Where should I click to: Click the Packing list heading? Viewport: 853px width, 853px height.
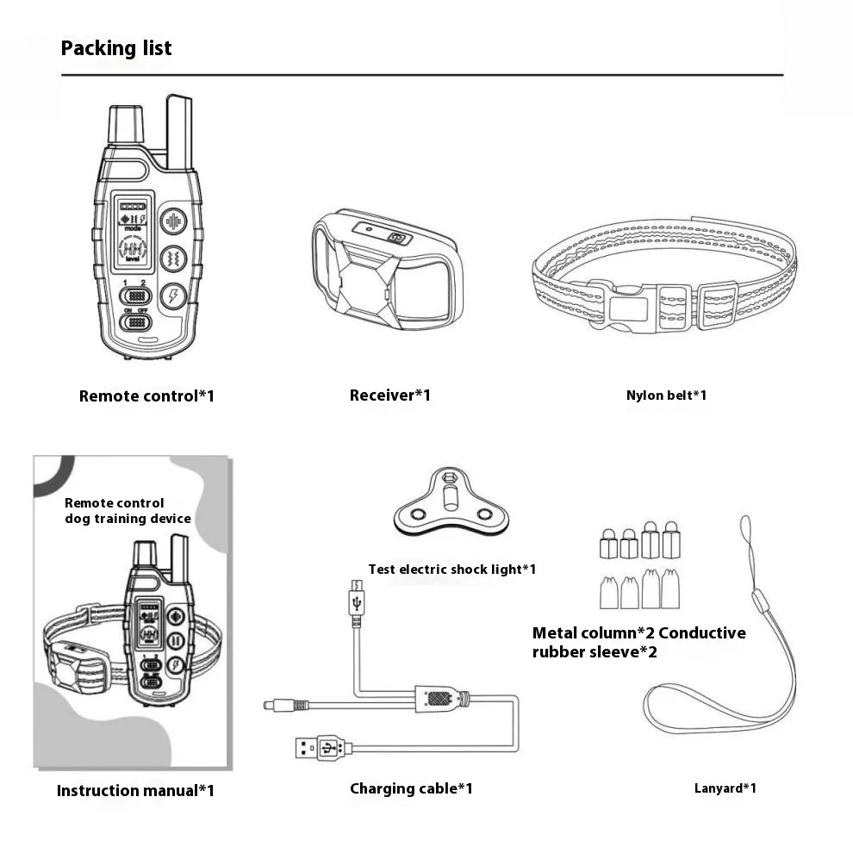point(116,48)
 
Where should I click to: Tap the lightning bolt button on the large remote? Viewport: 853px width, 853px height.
point(174,296)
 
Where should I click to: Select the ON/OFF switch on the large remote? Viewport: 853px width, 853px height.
point(135,323)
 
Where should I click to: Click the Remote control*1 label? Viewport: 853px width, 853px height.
point(146,396)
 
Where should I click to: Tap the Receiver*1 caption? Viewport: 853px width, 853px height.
point(389,395)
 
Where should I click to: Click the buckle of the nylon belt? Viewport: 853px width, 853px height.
point(618,307)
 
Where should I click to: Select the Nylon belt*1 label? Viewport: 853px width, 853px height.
point(666,395)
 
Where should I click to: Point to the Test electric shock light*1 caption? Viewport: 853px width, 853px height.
point(452,569)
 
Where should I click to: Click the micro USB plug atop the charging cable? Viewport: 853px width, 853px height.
point(356,599)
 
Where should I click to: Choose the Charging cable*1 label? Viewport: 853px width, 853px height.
point(411,788)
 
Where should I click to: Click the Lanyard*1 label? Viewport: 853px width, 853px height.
point(725,788)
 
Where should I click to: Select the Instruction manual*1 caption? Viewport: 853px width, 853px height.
point(135,790)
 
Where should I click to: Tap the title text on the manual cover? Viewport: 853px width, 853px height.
point(128,511)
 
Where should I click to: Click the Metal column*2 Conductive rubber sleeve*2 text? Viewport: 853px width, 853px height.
point(638,642)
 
